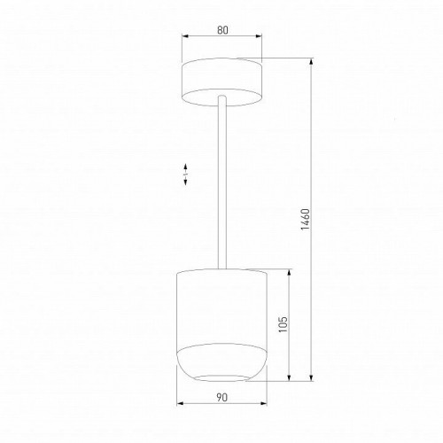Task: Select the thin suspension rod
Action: coord(221,177)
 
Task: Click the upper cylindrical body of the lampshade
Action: coord(221,301)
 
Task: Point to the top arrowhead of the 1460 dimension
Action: coord(313,63)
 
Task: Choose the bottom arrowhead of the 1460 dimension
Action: coord(313,379)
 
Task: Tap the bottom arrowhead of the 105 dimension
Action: coord(291,379)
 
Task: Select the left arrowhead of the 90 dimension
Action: coord(181,405)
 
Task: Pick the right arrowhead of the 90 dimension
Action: coord(263,405)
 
